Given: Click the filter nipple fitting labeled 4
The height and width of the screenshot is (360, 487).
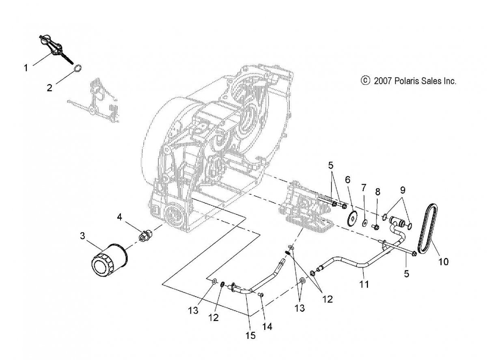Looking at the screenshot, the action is (x=145, y=234).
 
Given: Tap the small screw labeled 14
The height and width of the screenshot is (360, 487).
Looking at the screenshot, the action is (x=261, y=295).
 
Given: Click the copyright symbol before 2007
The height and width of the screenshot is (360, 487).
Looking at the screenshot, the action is (x=365, y=81).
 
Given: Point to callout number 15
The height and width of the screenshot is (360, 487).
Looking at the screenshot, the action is (x=250, y=335).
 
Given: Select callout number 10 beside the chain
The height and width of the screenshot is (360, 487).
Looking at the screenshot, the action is (x=443, y=262).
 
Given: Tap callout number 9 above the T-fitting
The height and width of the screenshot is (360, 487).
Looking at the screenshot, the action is (x=403, y=190).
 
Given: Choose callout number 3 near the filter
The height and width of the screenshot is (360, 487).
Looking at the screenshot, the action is (x=82, y=236).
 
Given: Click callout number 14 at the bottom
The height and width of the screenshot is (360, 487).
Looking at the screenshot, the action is (x=267, y=327).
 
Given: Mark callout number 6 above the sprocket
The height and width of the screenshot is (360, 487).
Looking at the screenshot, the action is (x=347, y=180).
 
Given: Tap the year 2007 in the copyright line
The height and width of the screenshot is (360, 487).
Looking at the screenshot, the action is (x=383, y=81).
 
